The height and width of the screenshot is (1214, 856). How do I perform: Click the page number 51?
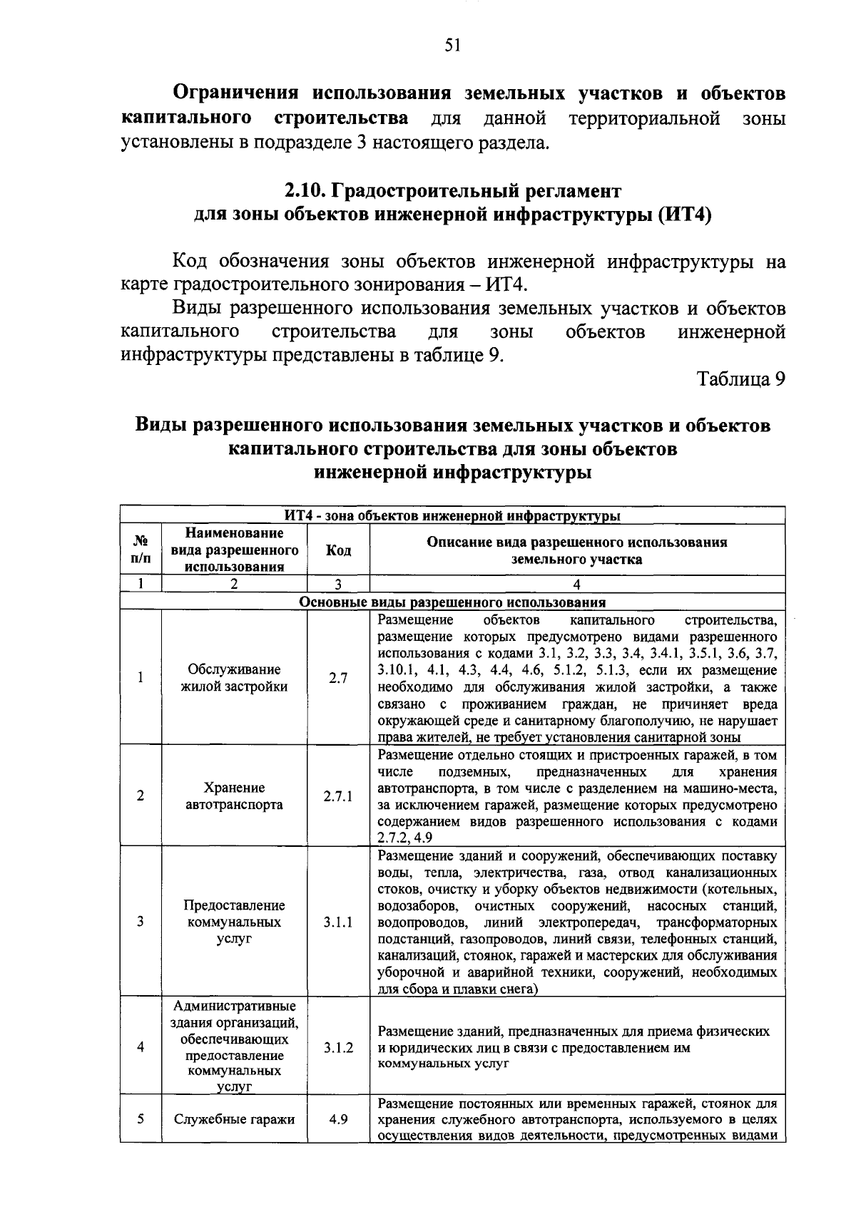pos(453,46)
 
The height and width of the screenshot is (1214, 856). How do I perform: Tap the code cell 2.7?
pos(338,678)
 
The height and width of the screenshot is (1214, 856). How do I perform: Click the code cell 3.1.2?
pos(338,1047)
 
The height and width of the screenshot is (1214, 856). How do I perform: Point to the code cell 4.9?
pos(338,1119)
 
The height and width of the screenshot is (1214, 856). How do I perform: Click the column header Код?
pos(338,550)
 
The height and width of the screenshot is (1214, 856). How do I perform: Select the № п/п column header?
pos(141,550)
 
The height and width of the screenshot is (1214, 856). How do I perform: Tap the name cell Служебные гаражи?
pos(234,1119)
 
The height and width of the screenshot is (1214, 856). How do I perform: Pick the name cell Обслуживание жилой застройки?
pos(234,678)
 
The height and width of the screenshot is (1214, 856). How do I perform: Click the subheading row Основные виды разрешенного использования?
pos(452,602)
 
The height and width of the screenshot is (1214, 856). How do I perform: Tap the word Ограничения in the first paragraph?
pos(239,93)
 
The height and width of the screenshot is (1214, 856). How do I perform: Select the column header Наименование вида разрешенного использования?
pos(234,550)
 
